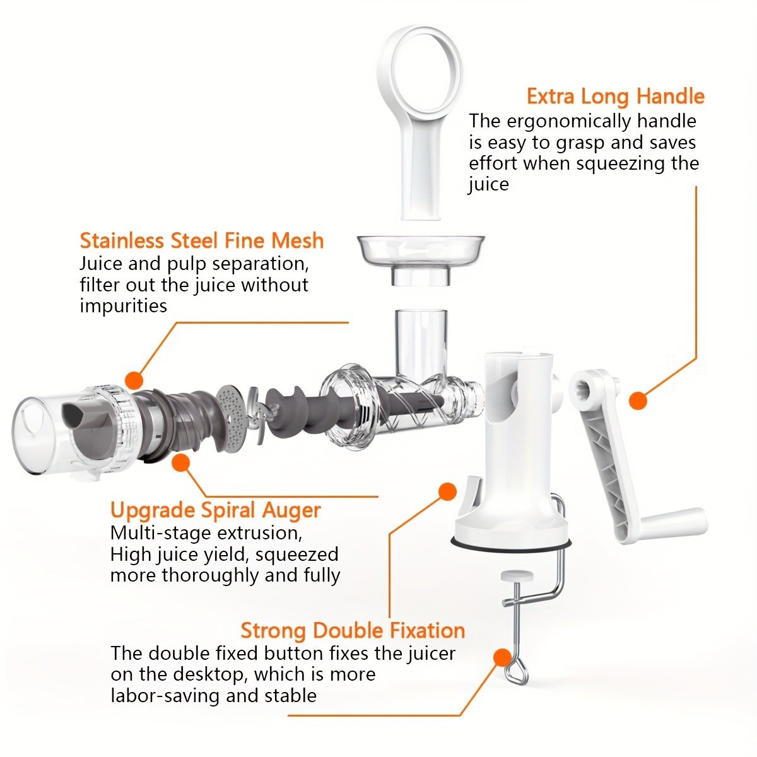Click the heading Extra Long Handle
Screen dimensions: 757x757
[x=616, y=97]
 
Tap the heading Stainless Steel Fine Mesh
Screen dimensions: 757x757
[x=202, y=240]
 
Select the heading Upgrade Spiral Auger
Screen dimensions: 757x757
[x=216, y=511]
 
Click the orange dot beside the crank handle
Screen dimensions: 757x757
[x=638, y=401]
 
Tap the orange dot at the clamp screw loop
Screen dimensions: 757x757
[x=503, y=657]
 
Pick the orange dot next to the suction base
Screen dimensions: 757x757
[x=447, y=491]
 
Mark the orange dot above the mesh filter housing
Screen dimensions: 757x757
[x=134, y=380]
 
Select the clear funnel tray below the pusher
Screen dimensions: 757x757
[x=420, y=259]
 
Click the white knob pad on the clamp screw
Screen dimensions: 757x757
[x=517, y=576]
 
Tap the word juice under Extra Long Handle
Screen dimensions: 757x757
[x=488, y=185]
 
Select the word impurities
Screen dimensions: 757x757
[x=124, y=306]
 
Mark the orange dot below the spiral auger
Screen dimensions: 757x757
[x=180, y=462]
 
